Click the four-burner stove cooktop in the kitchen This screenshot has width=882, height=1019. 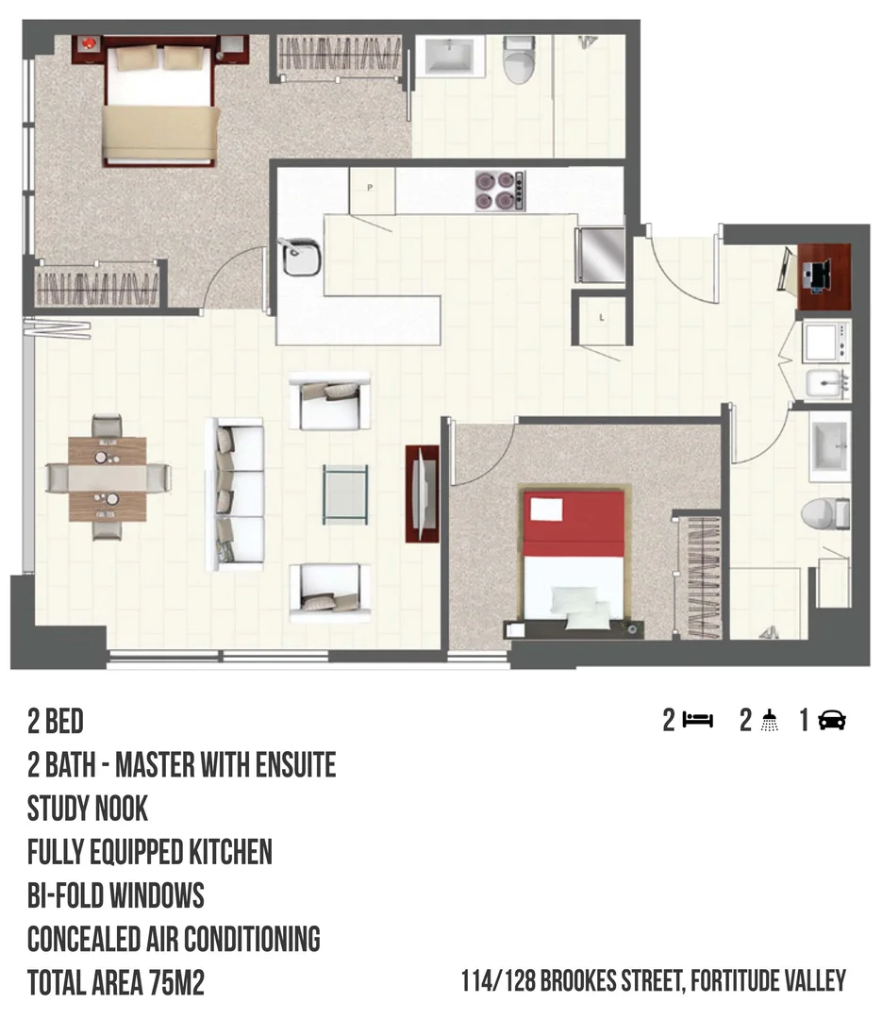coord(499,190)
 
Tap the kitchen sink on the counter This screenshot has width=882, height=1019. coord(301,259)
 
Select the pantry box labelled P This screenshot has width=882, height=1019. coord(370,189)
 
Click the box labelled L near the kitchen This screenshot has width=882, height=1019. coord(602,317)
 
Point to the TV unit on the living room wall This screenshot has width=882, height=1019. coord(422,493)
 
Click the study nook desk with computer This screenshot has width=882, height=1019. coord(824,276)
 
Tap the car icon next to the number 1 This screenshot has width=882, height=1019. coord(832,722)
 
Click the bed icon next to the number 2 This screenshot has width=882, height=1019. coord(699,722)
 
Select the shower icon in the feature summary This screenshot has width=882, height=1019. coord(771,722)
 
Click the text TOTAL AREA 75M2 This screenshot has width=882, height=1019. coord(116,983)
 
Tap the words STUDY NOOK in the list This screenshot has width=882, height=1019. coord(88,809)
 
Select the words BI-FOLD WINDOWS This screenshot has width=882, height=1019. coord(116,895)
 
